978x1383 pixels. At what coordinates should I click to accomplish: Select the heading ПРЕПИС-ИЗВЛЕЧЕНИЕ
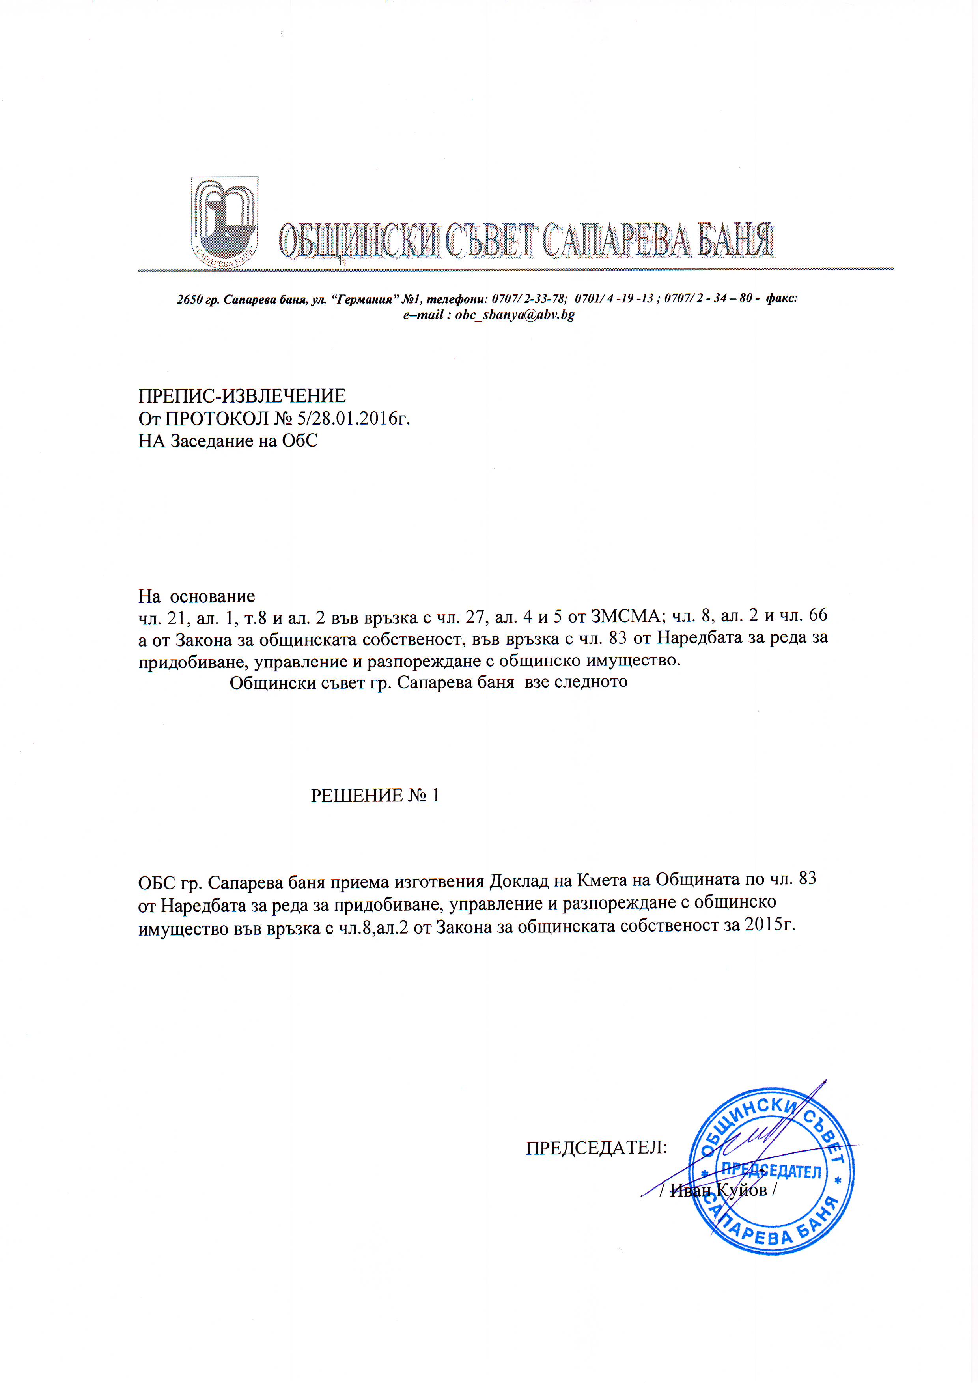click(242, 396)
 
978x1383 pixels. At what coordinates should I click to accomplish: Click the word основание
click(212, 596)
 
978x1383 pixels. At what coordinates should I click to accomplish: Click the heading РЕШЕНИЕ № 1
click(375, 796)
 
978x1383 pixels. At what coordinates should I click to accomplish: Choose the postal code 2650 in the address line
click(189, 299)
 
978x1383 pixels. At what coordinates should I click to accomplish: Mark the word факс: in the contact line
click(782, 298)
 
